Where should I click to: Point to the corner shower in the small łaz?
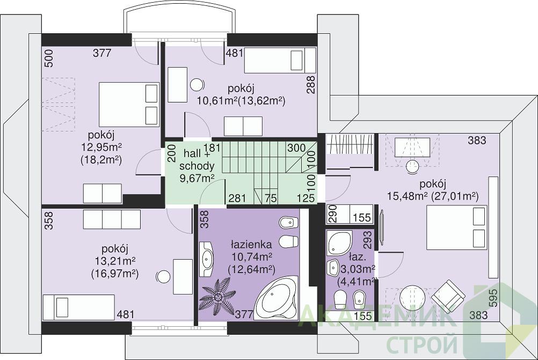(x=339, y=243)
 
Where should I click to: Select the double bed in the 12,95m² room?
(x=129, y=104)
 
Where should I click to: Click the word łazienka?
(x=251, y=245)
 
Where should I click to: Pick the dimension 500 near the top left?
(x=49, y=58)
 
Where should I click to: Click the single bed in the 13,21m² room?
(x=78, y=307)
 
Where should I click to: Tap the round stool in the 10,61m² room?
(x=197, y=84)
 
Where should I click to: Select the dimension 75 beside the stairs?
(x=271, y=198)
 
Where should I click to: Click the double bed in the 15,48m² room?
(x=457, y=227)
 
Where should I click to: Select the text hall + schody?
(x=197, y=159)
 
